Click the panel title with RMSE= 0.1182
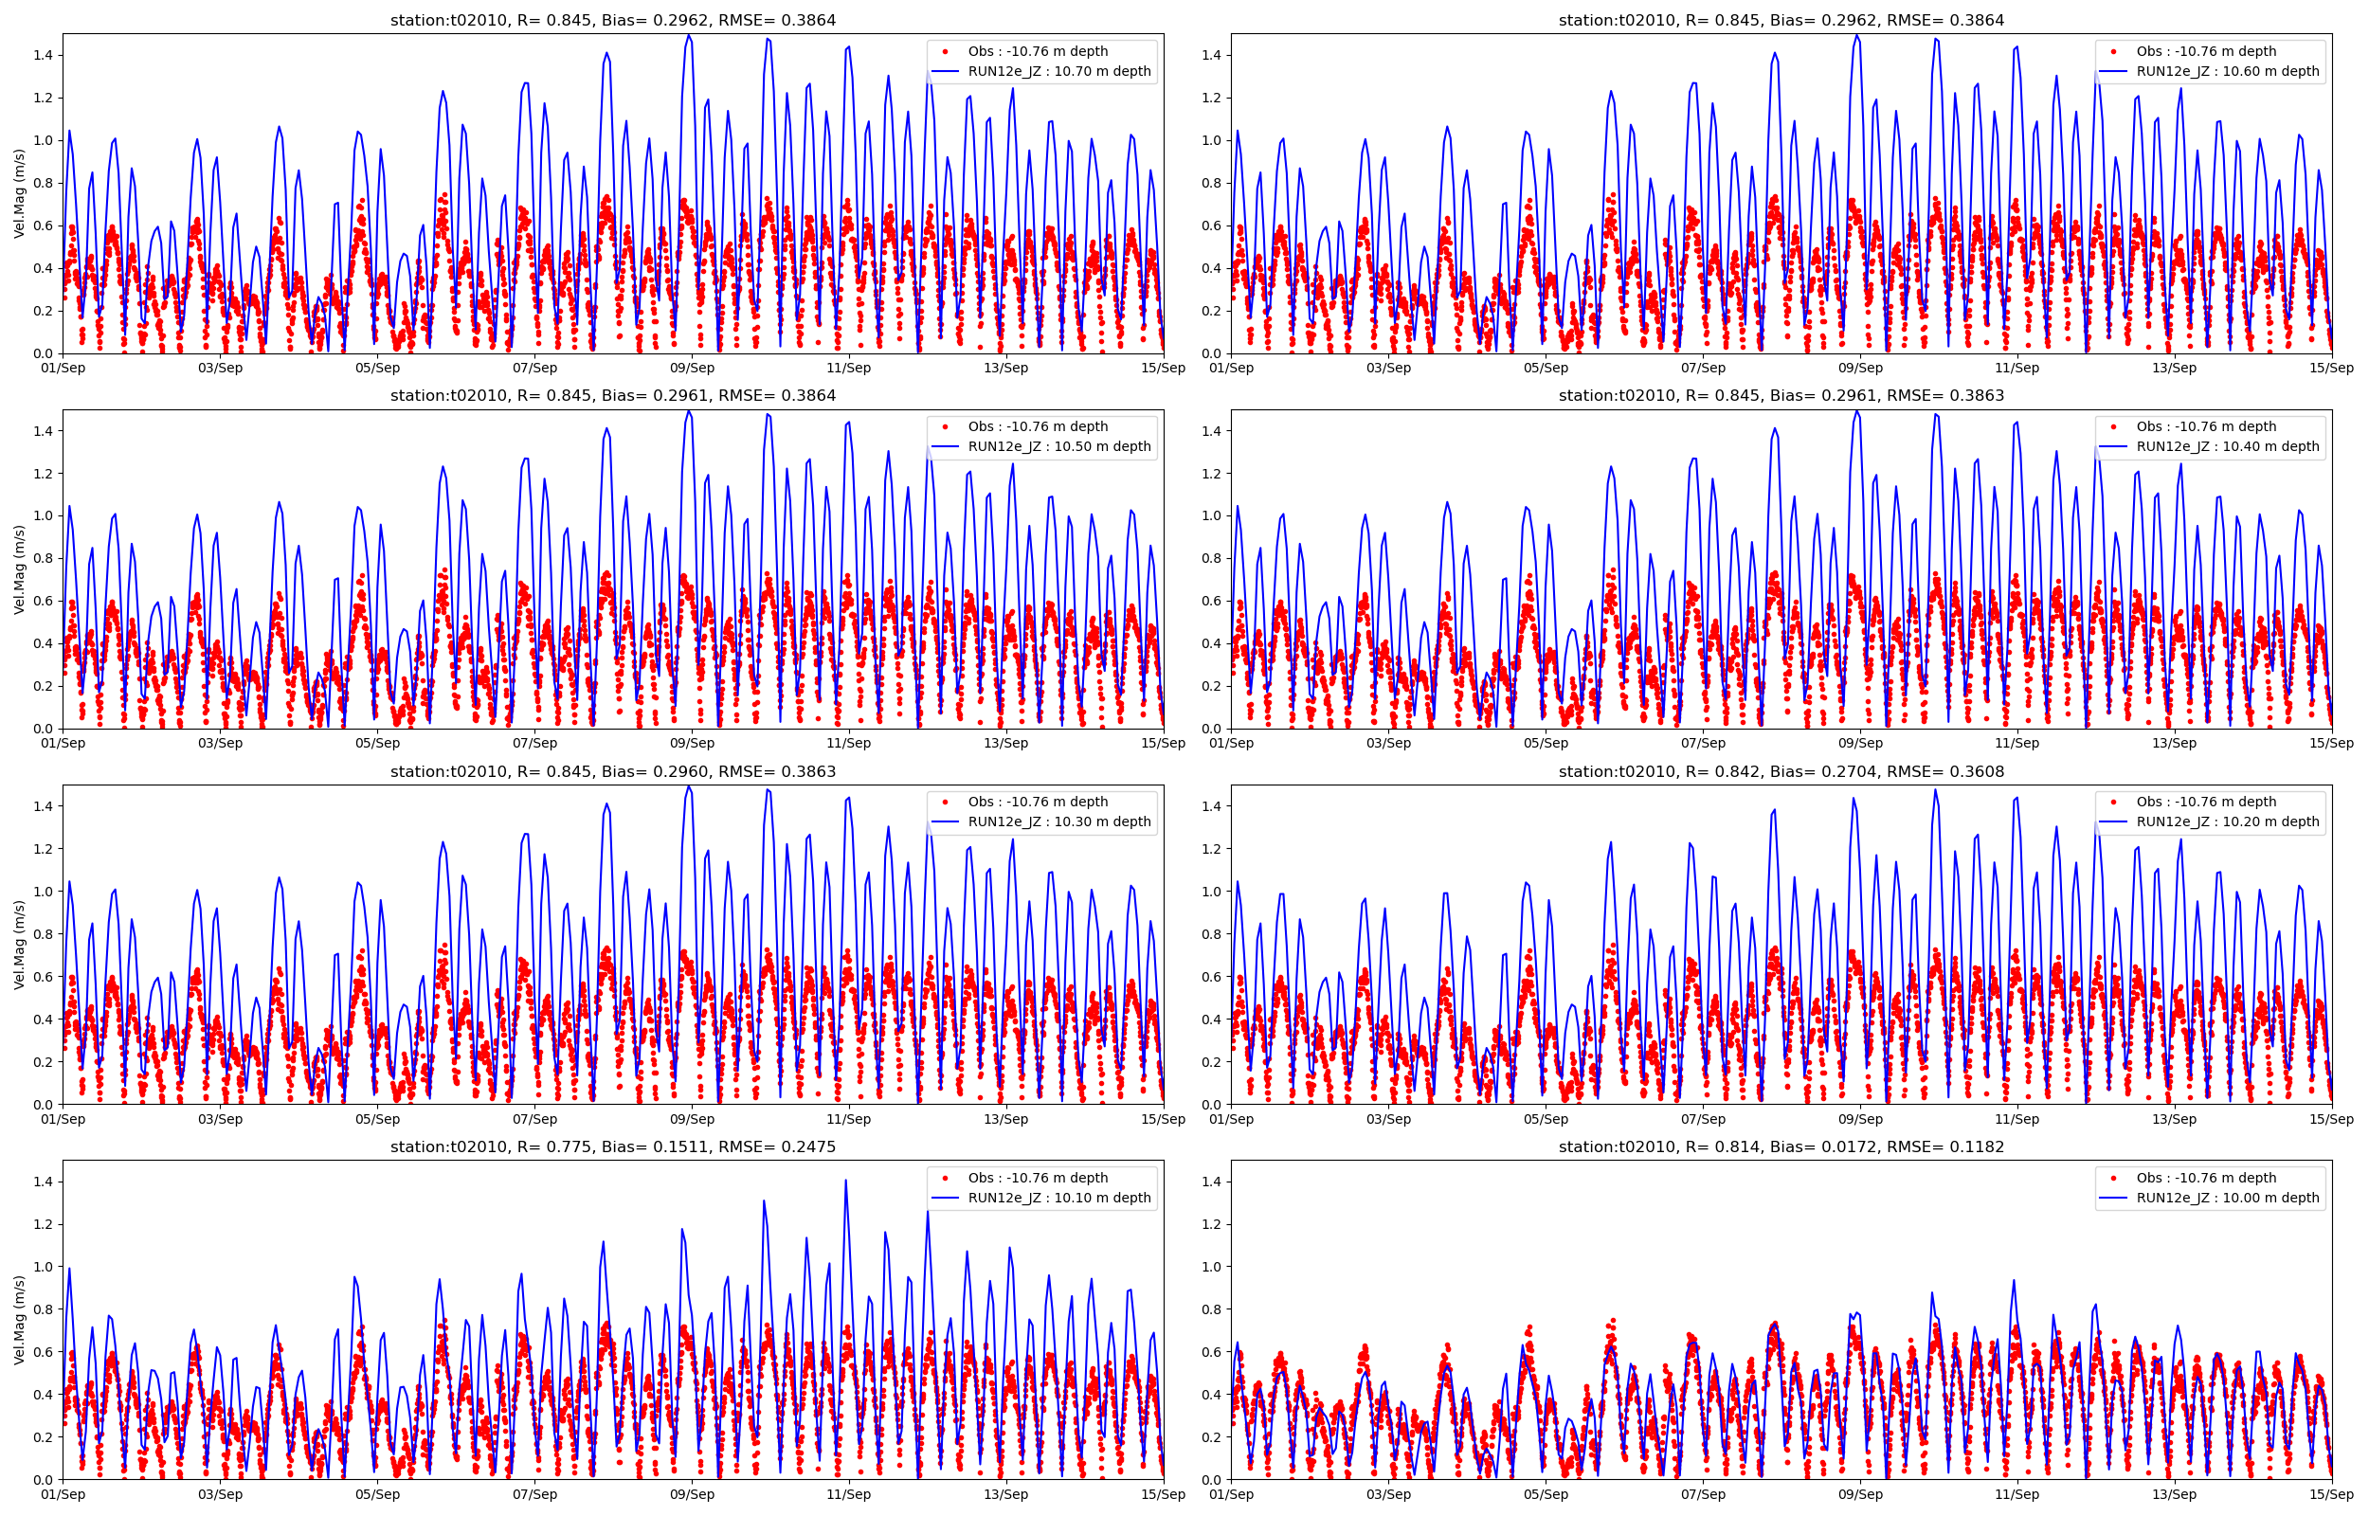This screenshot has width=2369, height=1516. [1781, 1146]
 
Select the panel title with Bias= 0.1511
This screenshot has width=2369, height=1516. [612, 1146]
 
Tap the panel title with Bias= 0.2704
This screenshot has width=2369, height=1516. [1781, 772]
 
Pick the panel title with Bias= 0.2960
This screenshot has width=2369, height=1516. [612, 772]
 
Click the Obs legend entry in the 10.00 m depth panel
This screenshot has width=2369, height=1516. [2212, 1178]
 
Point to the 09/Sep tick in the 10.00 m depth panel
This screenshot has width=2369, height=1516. [1859, 1494]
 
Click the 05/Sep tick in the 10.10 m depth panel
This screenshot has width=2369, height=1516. [377, 1494]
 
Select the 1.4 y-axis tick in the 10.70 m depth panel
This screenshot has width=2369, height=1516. [44, 55]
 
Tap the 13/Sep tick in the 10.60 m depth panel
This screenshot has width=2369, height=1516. [2173, 369]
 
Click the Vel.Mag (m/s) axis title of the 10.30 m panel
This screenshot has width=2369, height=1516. [19, 944]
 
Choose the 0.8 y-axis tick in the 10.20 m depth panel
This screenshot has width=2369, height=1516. [1212, 934]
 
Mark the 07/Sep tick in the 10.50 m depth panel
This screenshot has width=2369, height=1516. [534, 743]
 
